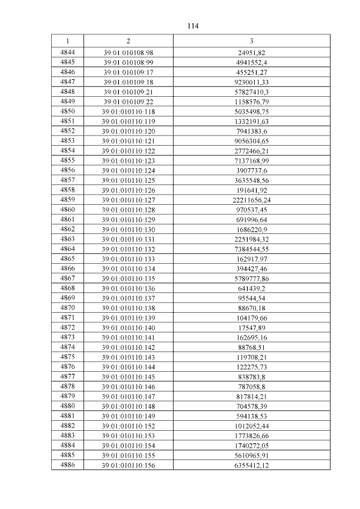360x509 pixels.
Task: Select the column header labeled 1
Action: coord(67,41)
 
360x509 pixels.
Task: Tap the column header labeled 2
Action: coord(128,41)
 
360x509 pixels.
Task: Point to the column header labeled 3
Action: coord(251,41)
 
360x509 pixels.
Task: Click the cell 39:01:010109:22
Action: coord(128,102)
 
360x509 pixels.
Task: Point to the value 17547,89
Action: coord(251,327)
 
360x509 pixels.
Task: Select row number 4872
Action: coord(67,327)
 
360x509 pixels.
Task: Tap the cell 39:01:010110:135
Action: coord(128,278)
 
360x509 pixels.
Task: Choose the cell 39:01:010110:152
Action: coord(128,425)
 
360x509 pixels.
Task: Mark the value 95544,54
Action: coord(251,298)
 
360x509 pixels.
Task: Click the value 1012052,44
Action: coord(251,425)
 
